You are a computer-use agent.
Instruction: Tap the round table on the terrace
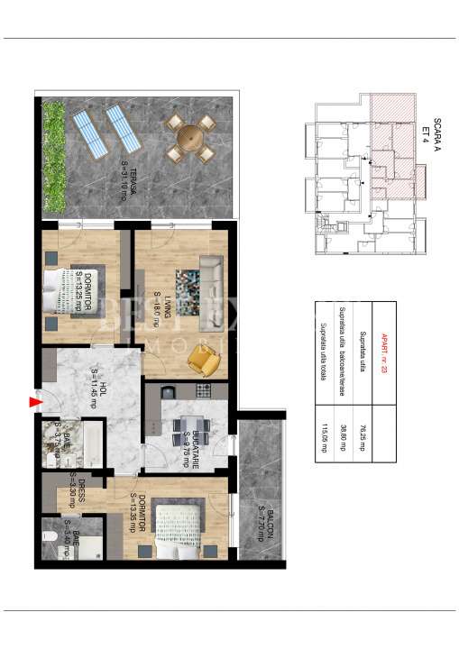click(x=190, y=138)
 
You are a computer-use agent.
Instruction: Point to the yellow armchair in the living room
click(x=203, y=360)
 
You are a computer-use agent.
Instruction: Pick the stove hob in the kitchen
click(x=204, y=391)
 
